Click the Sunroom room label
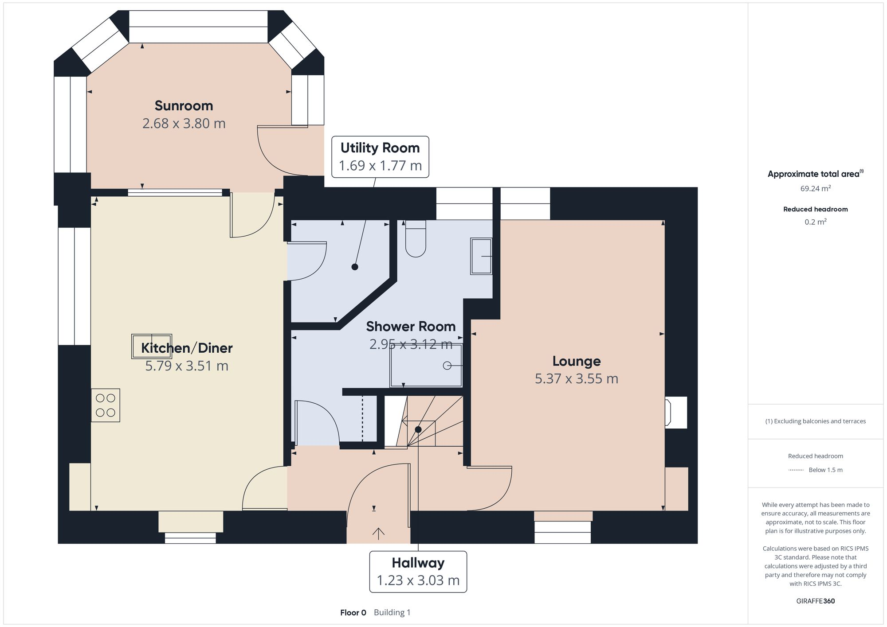184,106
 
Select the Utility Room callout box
380,157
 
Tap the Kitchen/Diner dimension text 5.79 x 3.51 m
187,366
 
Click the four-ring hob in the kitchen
106,405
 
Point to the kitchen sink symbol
151,346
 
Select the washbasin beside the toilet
481,257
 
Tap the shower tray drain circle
447,366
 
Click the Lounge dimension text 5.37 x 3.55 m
576,379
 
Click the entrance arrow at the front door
378,533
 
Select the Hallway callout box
418,572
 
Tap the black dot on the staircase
418,429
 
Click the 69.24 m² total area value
815,188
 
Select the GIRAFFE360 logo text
815,601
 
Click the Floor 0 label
353,613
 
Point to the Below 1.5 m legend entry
825,470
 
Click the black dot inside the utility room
355,267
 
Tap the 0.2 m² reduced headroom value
815,222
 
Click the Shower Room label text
411,327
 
